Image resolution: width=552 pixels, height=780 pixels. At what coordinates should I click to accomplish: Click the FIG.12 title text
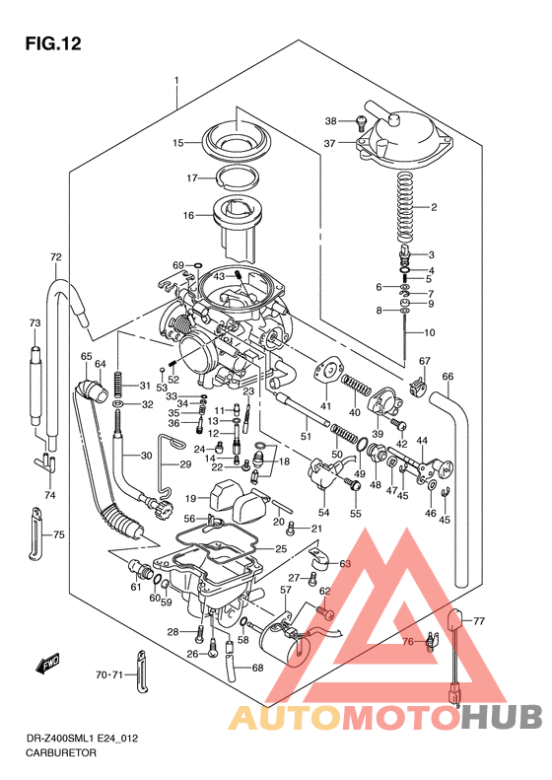pyautogui.click(x=52, y=43)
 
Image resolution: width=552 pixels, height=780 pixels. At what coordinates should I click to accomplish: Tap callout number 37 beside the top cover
pyautogui.click(x=330, y=144)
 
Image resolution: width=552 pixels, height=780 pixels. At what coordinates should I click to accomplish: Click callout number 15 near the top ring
pyautogui.click(x=178, y=143)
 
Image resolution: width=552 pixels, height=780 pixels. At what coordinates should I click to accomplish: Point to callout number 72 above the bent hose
pyautogui.click(x=56, y=257)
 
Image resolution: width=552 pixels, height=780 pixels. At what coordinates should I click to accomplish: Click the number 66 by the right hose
pyautogui.click(x=448, y=377)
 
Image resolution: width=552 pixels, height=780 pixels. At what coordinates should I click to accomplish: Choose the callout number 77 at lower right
pyautogui.click(x=480, y=621)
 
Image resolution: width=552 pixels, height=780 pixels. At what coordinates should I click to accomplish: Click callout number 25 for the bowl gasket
pyautogui.click(x=281, y=548)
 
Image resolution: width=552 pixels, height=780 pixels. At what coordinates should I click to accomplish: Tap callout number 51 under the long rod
pyautogui.click(x=306, y=435)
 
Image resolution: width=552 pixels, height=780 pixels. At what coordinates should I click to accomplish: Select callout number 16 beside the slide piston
pyautogui.click(x=187, y=215)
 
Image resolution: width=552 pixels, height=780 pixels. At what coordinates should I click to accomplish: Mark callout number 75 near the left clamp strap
pyautogui.click(x=59, y=534)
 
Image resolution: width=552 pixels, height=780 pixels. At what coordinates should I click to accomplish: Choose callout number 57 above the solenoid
pyautogui.click(x=285, y=590)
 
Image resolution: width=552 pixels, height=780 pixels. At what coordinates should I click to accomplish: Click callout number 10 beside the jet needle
pyautogui.click(x=430, y=332)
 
